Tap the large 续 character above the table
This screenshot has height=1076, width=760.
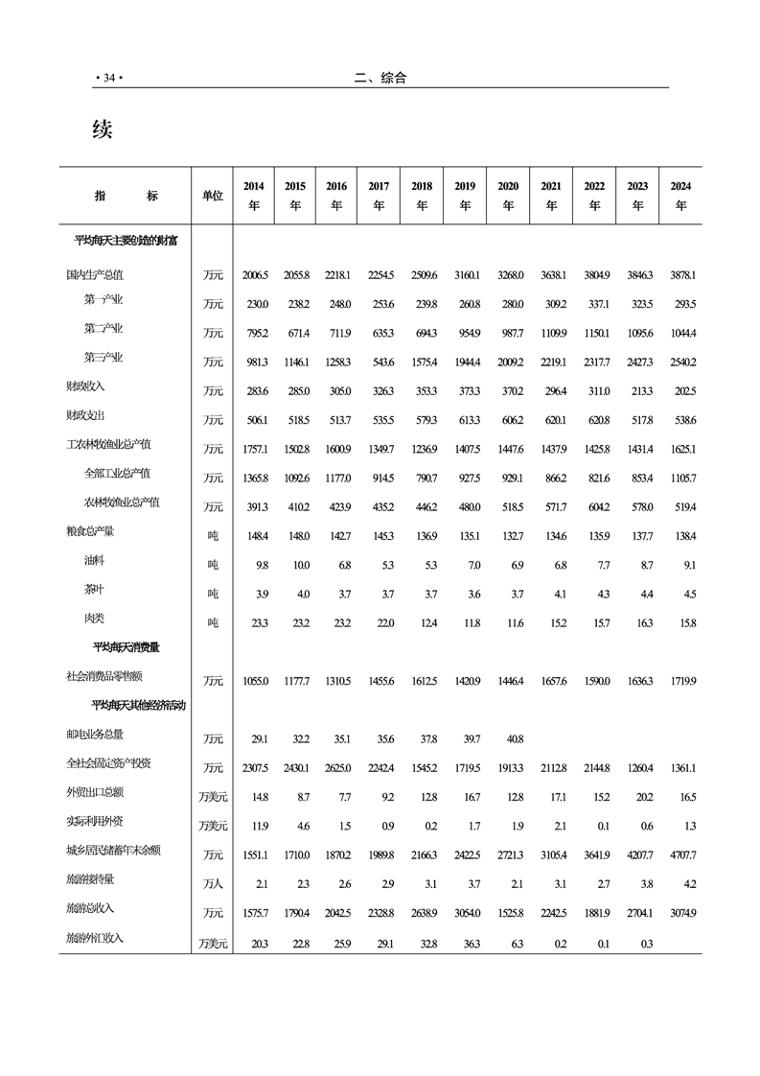click(x=103, y=129)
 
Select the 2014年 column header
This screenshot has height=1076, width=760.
click(x=254, y=196)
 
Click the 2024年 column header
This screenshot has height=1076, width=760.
click(x=680, y=196)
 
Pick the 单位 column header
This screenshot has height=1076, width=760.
click(x=213, y=196)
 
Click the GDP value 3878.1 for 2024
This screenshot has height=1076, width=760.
click(x=680, y=276)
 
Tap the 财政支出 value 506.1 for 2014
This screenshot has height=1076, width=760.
click(x=256, y=420)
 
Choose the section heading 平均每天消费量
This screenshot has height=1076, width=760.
click(x=126, y=647)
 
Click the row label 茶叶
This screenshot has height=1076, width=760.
click(x=96, y=591)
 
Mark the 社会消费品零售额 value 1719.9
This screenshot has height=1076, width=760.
click(x=680, y=681)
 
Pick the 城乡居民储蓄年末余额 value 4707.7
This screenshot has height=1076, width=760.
click(x=680, y=854)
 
